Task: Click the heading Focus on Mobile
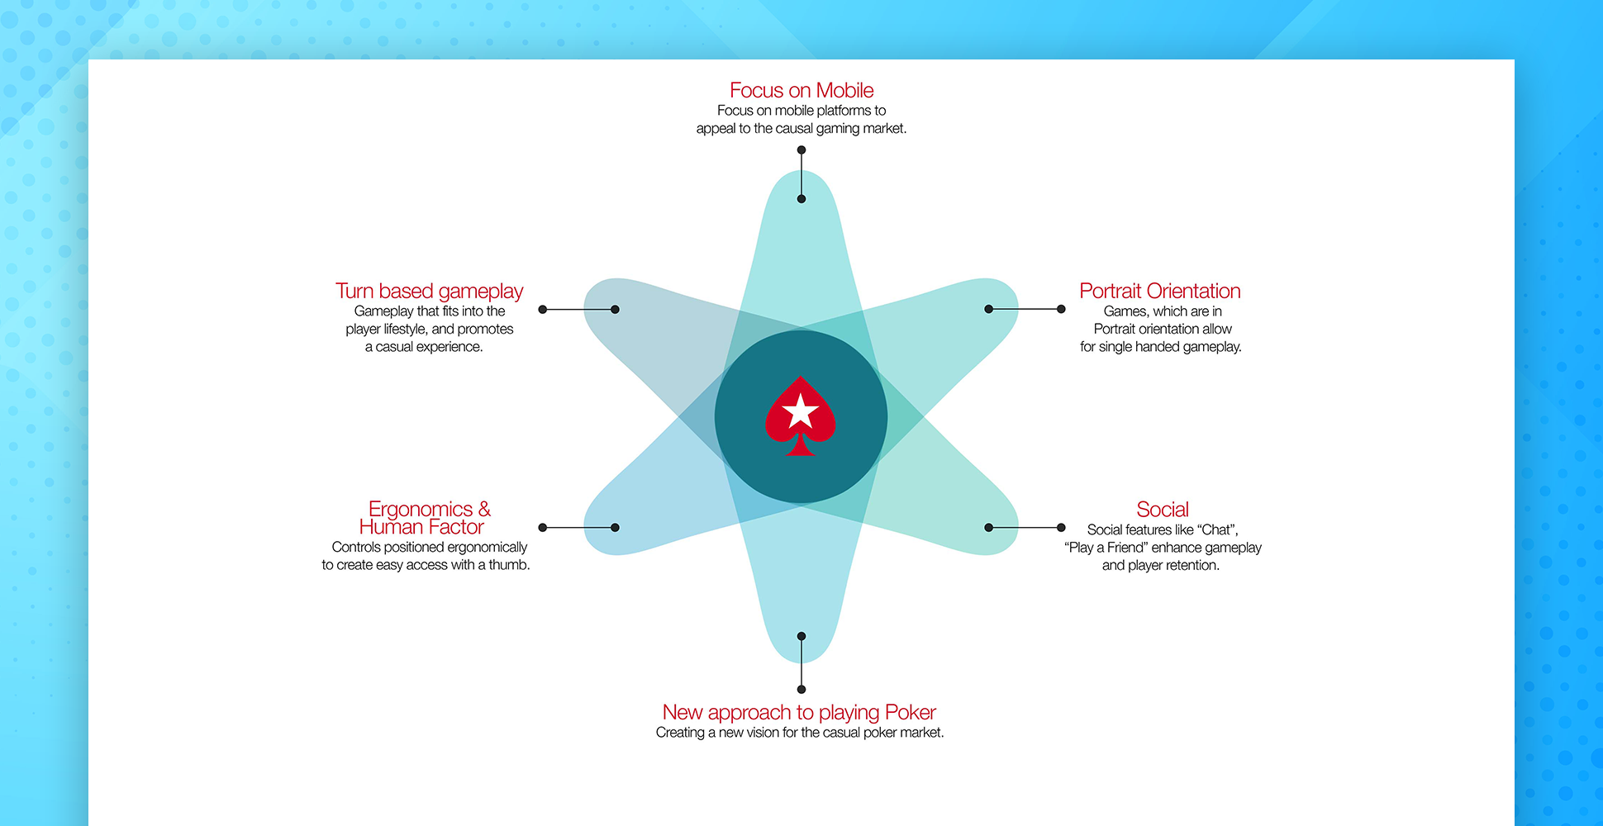coord(801,90)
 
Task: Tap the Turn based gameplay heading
coord(430,292)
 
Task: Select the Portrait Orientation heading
coord(1160,291)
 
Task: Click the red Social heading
coord(1163,509)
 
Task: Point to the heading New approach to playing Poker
coord(799,712)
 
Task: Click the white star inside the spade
coord(800,411)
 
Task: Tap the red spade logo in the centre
coord(801,416)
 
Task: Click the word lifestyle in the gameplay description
coord(406,330)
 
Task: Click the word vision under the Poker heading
coord(763,733)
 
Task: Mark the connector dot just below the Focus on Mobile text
coord(801,150)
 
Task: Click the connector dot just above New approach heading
coord(801,689)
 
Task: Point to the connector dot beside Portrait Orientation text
coord(1061,309)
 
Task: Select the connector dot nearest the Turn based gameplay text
coord(543,310)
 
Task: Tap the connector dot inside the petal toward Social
coord(989,527)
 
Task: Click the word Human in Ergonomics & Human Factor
coord(391,527)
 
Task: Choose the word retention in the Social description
coord(1192,566)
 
